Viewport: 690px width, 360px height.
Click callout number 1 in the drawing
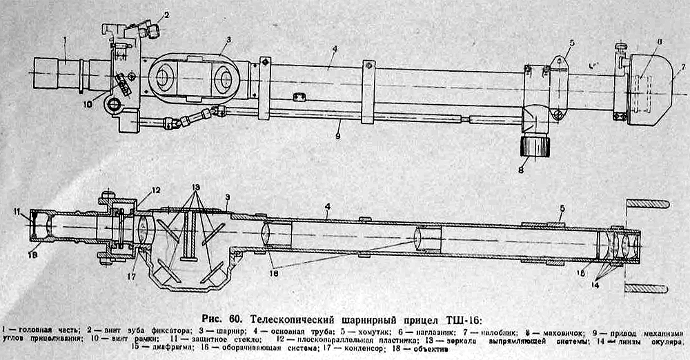pos(64,40)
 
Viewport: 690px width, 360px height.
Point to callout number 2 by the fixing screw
pos(166,14)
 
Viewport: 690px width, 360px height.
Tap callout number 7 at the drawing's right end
pos(682,66)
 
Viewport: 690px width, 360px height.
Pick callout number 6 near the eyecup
pos(659,43)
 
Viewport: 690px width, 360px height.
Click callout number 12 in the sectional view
pos(157,190)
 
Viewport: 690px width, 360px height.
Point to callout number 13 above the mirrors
pos(196,187)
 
